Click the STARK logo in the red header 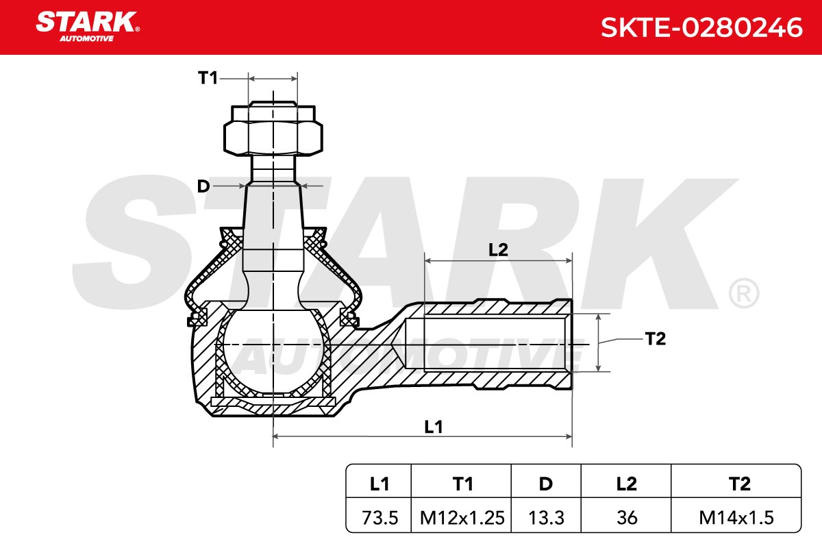[x=88, y=27]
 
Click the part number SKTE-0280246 [x=701, y=27]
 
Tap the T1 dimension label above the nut [x=208, y=78]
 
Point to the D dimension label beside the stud [x=203, y=186]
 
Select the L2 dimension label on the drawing [x=498, y=250]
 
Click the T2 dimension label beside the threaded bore [x=655, y=338]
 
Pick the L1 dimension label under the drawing [x=434, y=427]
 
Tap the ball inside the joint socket [x=273, y=351]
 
